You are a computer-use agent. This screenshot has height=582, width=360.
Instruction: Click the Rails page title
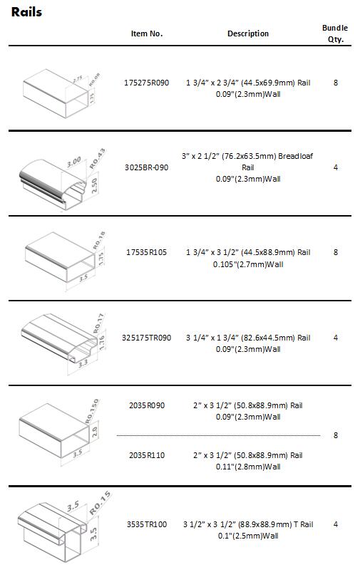(26, 12)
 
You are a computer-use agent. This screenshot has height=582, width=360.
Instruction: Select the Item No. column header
(147, 33)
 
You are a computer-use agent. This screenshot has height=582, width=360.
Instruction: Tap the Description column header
(248, 33)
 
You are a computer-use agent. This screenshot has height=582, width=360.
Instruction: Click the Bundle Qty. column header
(335, 33)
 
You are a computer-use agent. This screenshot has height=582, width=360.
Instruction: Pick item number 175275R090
(147, 83)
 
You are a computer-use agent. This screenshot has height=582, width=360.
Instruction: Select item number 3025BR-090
(147, 167)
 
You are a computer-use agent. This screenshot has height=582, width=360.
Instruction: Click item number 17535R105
(147, 252)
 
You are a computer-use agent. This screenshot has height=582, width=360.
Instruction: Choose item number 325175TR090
(147, 338)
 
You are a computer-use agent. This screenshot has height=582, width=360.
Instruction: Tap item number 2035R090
(147, 405)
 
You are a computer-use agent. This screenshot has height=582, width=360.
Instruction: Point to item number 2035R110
(147, 455)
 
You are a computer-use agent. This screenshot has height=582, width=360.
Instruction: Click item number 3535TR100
(147, 524)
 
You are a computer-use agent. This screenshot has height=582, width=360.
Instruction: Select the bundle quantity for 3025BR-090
(336, 167)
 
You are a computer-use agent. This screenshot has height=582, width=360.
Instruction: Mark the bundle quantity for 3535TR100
(336, 524)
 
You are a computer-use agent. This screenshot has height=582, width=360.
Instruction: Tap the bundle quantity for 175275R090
(336, 83)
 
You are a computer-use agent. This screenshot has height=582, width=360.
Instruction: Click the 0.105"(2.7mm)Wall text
(248, 264)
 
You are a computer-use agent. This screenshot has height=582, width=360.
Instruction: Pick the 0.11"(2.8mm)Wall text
(248, 467)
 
